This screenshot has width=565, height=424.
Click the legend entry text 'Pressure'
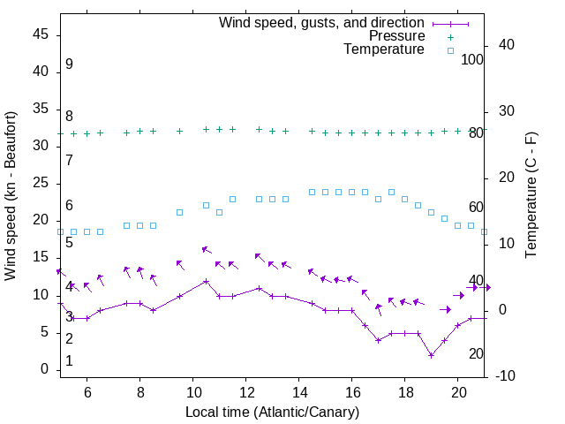click(x=396, y=36)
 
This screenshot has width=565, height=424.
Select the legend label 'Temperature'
click(x=384, y=50)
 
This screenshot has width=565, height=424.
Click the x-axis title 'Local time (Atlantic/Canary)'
click(x=272, y=413)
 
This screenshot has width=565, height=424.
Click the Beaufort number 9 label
click(x=69, y=64)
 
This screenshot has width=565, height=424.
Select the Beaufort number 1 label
click(x=69, y=361)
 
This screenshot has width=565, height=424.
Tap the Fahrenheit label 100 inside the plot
click(x=472, y=59)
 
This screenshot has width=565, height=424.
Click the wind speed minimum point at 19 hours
click(x=431, y=355)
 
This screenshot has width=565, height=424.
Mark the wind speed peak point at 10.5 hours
click(x=206, y=281)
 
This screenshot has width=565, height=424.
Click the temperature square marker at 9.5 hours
click(x=179, y=212)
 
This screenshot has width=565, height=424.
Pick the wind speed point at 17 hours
click(x=378, y=340)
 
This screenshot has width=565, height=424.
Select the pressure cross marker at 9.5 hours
click(x=179, y=131)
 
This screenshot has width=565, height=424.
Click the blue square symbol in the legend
click(x=449, y=50)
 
